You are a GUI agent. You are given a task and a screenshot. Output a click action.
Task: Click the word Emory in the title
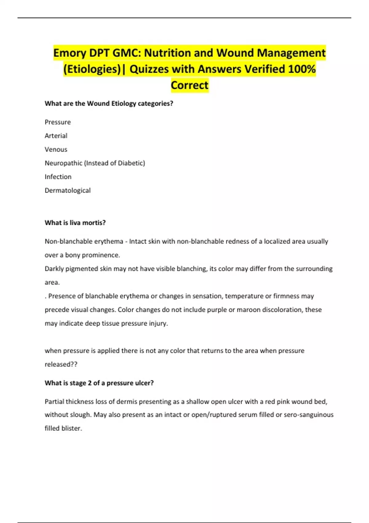(70, 53)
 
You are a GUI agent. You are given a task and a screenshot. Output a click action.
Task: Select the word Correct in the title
(190, 85)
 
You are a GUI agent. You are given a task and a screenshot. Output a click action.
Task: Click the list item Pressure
(58, 122)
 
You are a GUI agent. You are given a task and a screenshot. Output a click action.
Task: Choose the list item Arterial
(56, 136)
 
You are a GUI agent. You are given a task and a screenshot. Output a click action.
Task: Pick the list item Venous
(56, 150)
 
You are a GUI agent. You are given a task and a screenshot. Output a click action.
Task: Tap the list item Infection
(58, 177)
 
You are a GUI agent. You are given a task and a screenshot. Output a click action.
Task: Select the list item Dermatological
(68, 190)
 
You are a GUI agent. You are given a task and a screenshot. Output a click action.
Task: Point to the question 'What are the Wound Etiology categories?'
(109, 104)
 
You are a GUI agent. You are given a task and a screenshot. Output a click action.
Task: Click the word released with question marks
(61, 365)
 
